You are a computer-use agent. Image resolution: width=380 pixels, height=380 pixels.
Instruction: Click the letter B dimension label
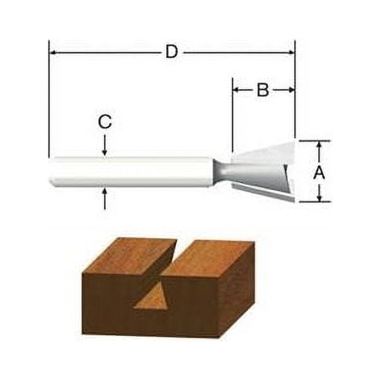[x=263, y=90]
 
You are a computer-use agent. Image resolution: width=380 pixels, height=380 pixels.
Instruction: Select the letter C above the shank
[x=105, y=122]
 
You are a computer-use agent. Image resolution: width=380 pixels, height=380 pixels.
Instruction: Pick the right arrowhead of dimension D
[x=291, y=53]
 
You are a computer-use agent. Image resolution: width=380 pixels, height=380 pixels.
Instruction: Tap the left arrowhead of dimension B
[x=236, y=90]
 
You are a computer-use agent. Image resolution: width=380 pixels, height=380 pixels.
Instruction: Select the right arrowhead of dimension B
[x=291, y=90]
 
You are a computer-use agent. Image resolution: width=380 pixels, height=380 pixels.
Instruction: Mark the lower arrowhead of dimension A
[x=320, y=198]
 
